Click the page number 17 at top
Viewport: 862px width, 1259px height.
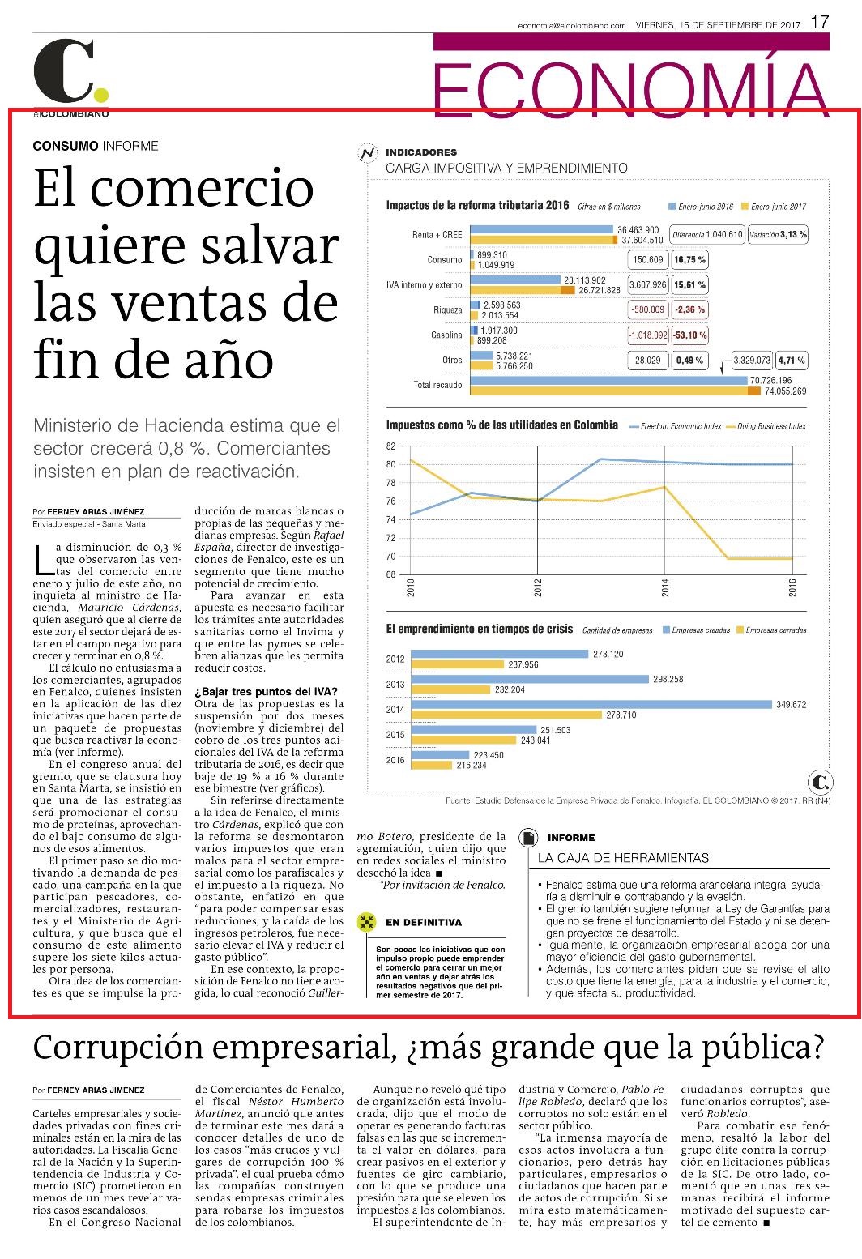click(820, 23)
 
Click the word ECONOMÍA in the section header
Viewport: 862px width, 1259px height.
click(630, 89)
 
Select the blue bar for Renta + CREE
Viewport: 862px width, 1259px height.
click(541, 229)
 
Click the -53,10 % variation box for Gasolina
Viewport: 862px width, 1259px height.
click(689, 335)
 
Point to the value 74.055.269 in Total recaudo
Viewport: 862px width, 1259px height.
click(785, 391)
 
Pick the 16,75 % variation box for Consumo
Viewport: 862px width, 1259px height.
click(689, 260)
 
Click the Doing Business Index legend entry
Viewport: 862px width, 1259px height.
click(766, 426)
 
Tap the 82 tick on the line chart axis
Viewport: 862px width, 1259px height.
click(390, 446)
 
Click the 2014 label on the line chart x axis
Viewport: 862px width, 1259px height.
click(665, 588)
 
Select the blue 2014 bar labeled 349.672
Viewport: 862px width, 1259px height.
click(591, 704)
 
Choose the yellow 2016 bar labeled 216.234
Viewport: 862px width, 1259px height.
click(432, 765)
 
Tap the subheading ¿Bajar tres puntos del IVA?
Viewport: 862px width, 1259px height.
click(266, 691)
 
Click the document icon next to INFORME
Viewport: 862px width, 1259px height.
click(528, 838)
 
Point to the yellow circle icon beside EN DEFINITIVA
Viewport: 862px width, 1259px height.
click(366, 922)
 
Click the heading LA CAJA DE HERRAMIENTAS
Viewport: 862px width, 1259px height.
click(623, 858)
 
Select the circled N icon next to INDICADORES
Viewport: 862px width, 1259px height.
click(368, 153)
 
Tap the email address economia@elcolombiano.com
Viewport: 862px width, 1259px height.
click(571, 25)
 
